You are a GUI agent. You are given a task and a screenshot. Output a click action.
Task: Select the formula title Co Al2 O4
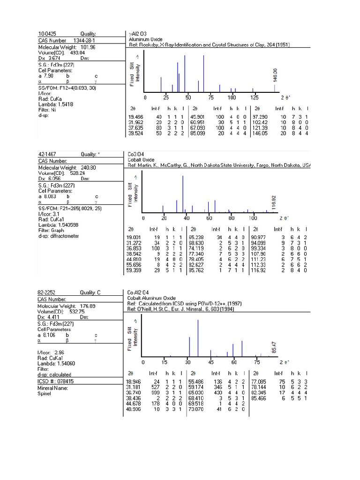139,292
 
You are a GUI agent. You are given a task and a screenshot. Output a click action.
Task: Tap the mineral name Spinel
45,393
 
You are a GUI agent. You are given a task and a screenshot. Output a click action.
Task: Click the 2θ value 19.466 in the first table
135,116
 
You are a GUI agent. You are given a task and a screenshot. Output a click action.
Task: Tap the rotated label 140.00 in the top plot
275,74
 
